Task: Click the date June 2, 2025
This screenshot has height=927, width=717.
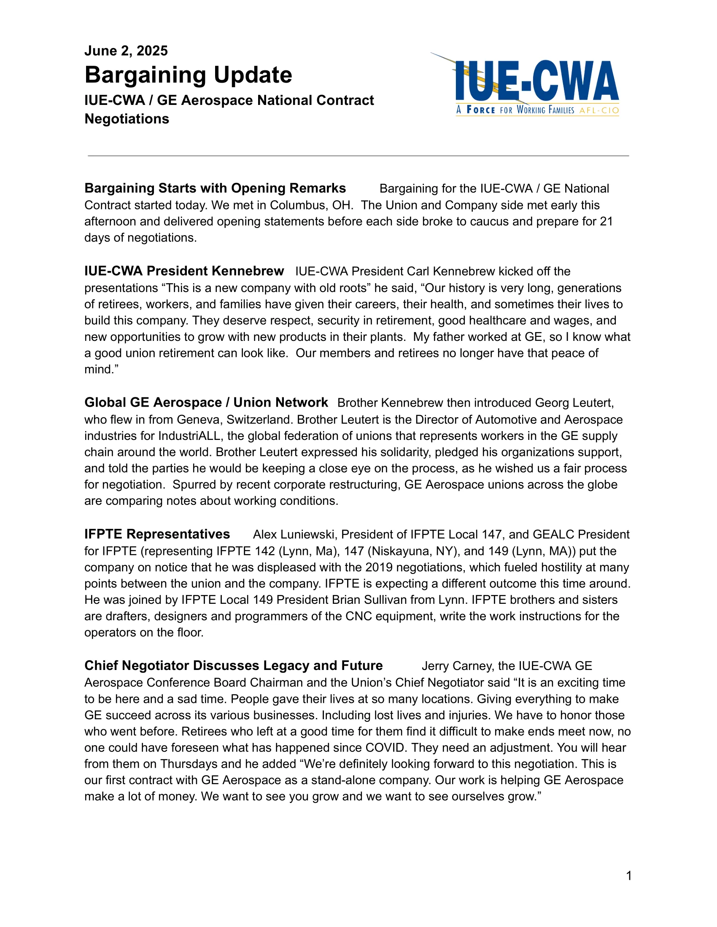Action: (126, 51)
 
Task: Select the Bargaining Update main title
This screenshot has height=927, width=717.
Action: (188, 75)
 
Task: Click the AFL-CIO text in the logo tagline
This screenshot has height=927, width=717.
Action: (599, 110)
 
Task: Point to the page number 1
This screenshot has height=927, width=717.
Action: (629, 876)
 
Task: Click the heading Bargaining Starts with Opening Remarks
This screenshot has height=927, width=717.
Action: (215, 188)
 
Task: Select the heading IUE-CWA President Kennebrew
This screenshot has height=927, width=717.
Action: (184, 271)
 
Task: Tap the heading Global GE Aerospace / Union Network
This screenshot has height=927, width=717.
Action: (206, 402)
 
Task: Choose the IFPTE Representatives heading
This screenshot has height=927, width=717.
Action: (157, 534)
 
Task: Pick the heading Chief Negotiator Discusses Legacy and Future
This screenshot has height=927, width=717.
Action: (234, 665)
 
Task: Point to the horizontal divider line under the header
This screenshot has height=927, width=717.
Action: (358, 156)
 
